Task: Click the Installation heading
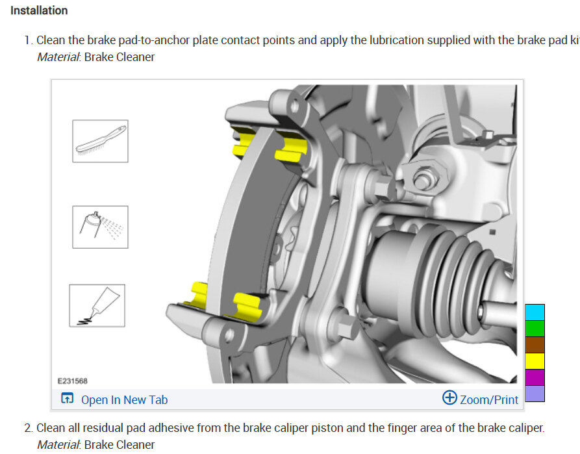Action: [x=39, y=10]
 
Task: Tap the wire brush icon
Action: [x=100, y=141]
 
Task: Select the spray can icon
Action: [x=100, y=227]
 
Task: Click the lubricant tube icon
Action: [x=97, y=306]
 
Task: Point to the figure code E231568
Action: [x=73, y=381]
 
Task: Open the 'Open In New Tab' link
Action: [x=124, y=399]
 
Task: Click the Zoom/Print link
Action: [x=489, y=399]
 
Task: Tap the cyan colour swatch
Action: [x=535, y=312]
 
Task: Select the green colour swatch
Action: [x=535, y=329]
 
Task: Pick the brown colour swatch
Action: [x=535, y=345]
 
